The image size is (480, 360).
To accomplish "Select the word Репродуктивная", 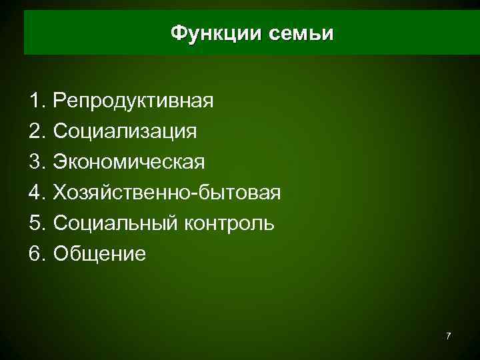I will pyautogui.click(x=134, y=101).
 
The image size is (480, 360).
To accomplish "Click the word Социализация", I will pyautogui.click(x=125, y=131).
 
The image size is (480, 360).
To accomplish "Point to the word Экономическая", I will pyautogui.click(x=130, y=162).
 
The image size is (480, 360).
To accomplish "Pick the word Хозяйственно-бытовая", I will pyautogui.click(x=167, y=193).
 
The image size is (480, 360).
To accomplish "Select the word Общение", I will pyautogui.click(x=99, y=254).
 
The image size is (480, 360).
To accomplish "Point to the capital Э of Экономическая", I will pyautogui.click(x=61, y=162).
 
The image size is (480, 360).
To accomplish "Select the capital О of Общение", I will pyautogui.click(x=61, y=254).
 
